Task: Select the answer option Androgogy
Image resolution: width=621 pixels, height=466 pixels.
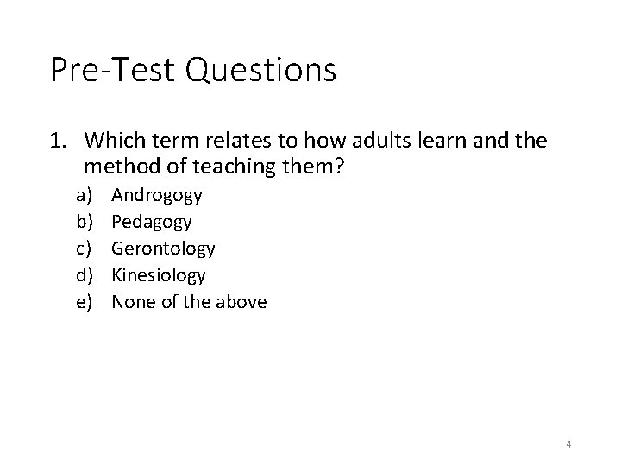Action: [157, 195]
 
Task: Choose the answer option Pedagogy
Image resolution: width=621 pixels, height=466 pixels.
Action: [152, 222]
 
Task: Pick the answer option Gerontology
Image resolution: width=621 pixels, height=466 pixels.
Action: [164, 249]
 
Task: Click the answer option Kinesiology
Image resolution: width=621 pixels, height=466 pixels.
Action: [159, 275]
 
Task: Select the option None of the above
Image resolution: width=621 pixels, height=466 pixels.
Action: [189, 302]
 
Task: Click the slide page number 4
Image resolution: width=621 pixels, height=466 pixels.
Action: [569, 444]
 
